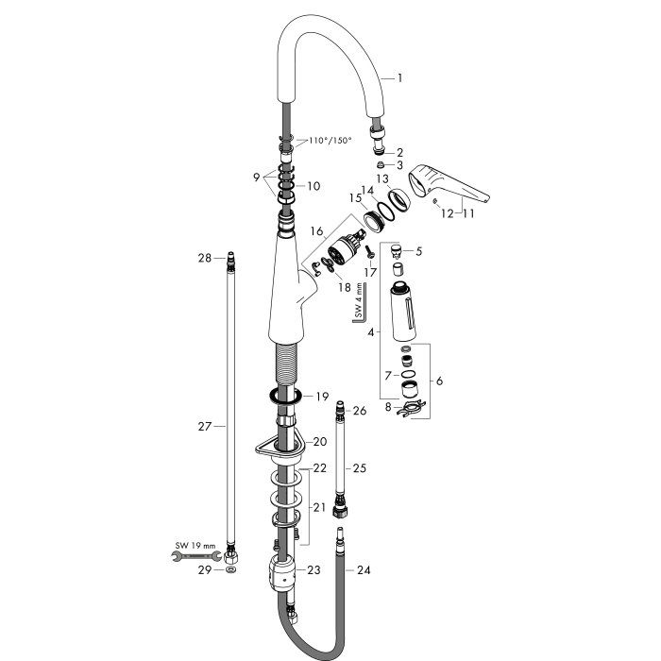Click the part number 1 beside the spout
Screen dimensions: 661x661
tap(399, 78)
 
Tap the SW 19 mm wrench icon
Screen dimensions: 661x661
tap(196, 556)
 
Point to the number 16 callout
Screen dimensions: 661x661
tap(317, 231)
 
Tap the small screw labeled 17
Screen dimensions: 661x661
tap(370, 252)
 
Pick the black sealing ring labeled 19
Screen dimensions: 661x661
tap(285, 397)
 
